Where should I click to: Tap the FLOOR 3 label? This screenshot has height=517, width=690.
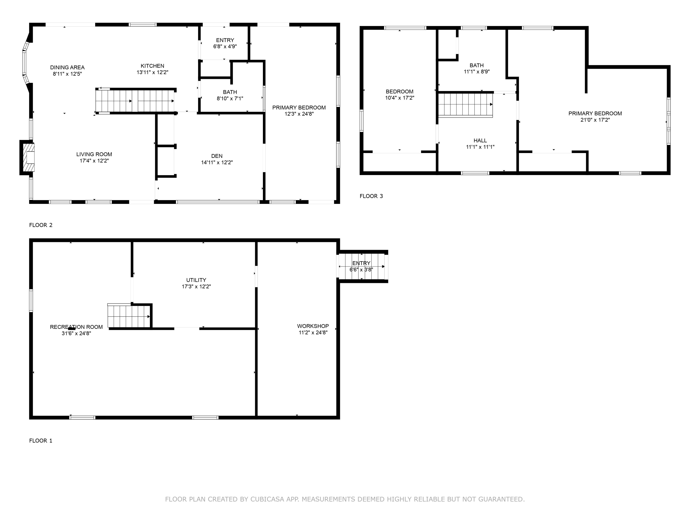[x=371, y=196]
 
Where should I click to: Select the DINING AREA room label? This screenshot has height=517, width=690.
[x=67, y=67]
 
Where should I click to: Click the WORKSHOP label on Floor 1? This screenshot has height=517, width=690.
[x=313, y=326]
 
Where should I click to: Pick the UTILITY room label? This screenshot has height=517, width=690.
[x=196, y=280]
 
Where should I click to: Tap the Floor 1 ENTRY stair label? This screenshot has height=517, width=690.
[x=361, y=263]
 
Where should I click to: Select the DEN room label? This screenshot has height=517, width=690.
[x=217, y=156]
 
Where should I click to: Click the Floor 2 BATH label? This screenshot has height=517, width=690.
[x=230, y=92]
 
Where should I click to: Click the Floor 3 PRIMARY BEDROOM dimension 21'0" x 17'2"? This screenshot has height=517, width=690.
[x=595, y=120]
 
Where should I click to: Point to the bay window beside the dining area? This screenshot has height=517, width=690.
[x=25, y=64]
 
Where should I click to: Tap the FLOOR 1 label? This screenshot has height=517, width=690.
[x=40, y=441]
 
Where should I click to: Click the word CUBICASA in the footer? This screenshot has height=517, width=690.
[x=267, y=499]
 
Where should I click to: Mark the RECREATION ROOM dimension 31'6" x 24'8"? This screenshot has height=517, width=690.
[x=76, y=333]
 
